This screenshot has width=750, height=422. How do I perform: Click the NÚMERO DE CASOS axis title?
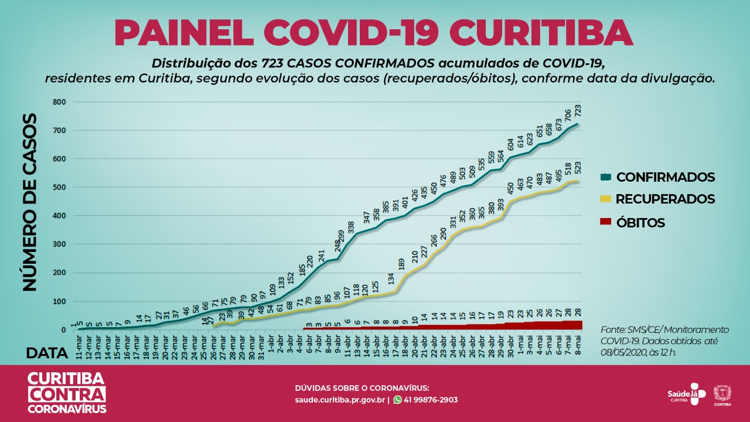click(30, 202)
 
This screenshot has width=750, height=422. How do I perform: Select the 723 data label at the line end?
click(578, 111)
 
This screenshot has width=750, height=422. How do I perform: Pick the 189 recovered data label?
click(402, 263)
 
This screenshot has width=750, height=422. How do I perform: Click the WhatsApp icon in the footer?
click(398, 400)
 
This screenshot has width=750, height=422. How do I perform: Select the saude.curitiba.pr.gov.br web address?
click(340, 400)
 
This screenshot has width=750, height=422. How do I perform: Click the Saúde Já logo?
click(683, 396)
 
